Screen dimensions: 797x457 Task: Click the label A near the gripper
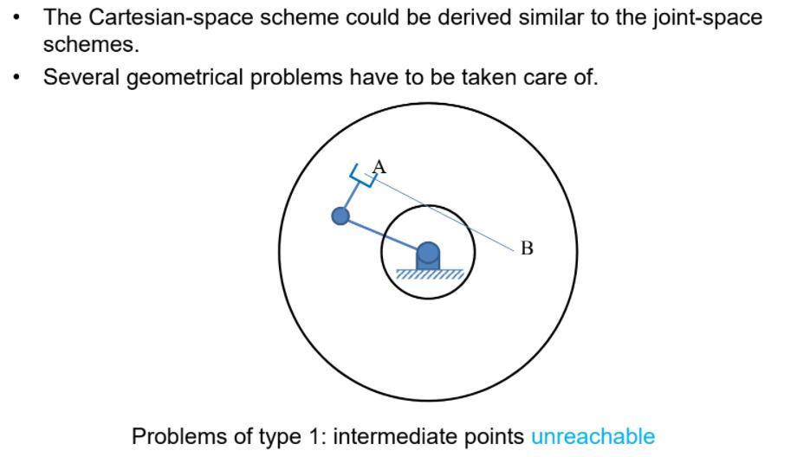[x=379, y=167]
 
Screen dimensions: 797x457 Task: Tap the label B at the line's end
[x=527, y=249]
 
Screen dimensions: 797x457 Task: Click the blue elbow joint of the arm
[x=341, y=216]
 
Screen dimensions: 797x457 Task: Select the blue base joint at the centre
[x=428, y=254]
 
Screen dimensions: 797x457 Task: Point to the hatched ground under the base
[x=430, y=274]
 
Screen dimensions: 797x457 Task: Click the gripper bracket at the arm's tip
[x=363, y=176]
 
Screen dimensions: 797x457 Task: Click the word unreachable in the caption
[x=593, y=436]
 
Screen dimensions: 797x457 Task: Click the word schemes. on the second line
[x=91, y=45]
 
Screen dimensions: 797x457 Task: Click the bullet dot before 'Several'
[x=17, y=77]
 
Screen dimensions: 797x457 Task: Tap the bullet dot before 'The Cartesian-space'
[x=17, y=17]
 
